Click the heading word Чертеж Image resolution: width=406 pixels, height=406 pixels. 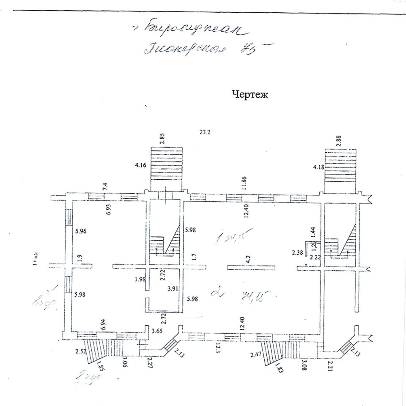250,95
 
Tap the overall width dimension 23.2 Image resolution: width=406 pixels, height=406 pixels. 205,132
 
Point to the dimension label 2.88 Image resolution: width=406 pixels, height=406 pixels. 338,140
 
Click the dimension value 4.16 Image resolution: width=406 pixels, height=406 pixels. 140,165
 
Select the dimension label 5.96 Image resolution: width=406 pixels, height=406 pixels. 80,231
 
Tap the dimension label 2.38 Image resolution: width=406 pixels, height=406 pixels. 298,253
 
